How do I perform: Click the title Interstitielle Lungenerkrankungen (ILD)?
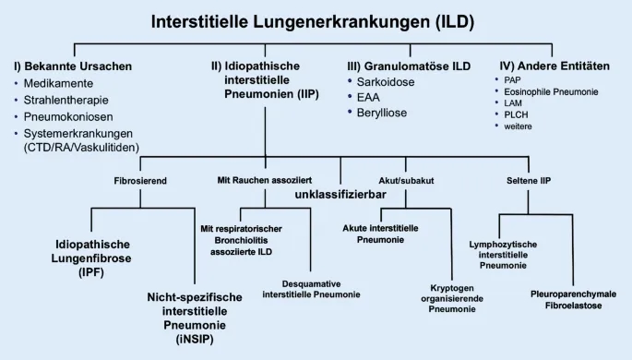coord(316,21)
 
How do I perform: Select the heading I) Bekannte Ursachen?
coord(73,66)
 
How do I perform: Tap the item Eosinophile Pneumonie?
coord(552,91)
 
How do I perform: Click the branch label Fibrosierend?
coord(140,180)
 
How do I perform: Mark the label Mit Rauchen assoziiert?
coord(265,180)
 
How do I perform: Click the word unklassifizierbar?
coord(340,196)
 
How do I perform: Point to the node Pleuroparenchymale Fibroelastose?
coord(573,300)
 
